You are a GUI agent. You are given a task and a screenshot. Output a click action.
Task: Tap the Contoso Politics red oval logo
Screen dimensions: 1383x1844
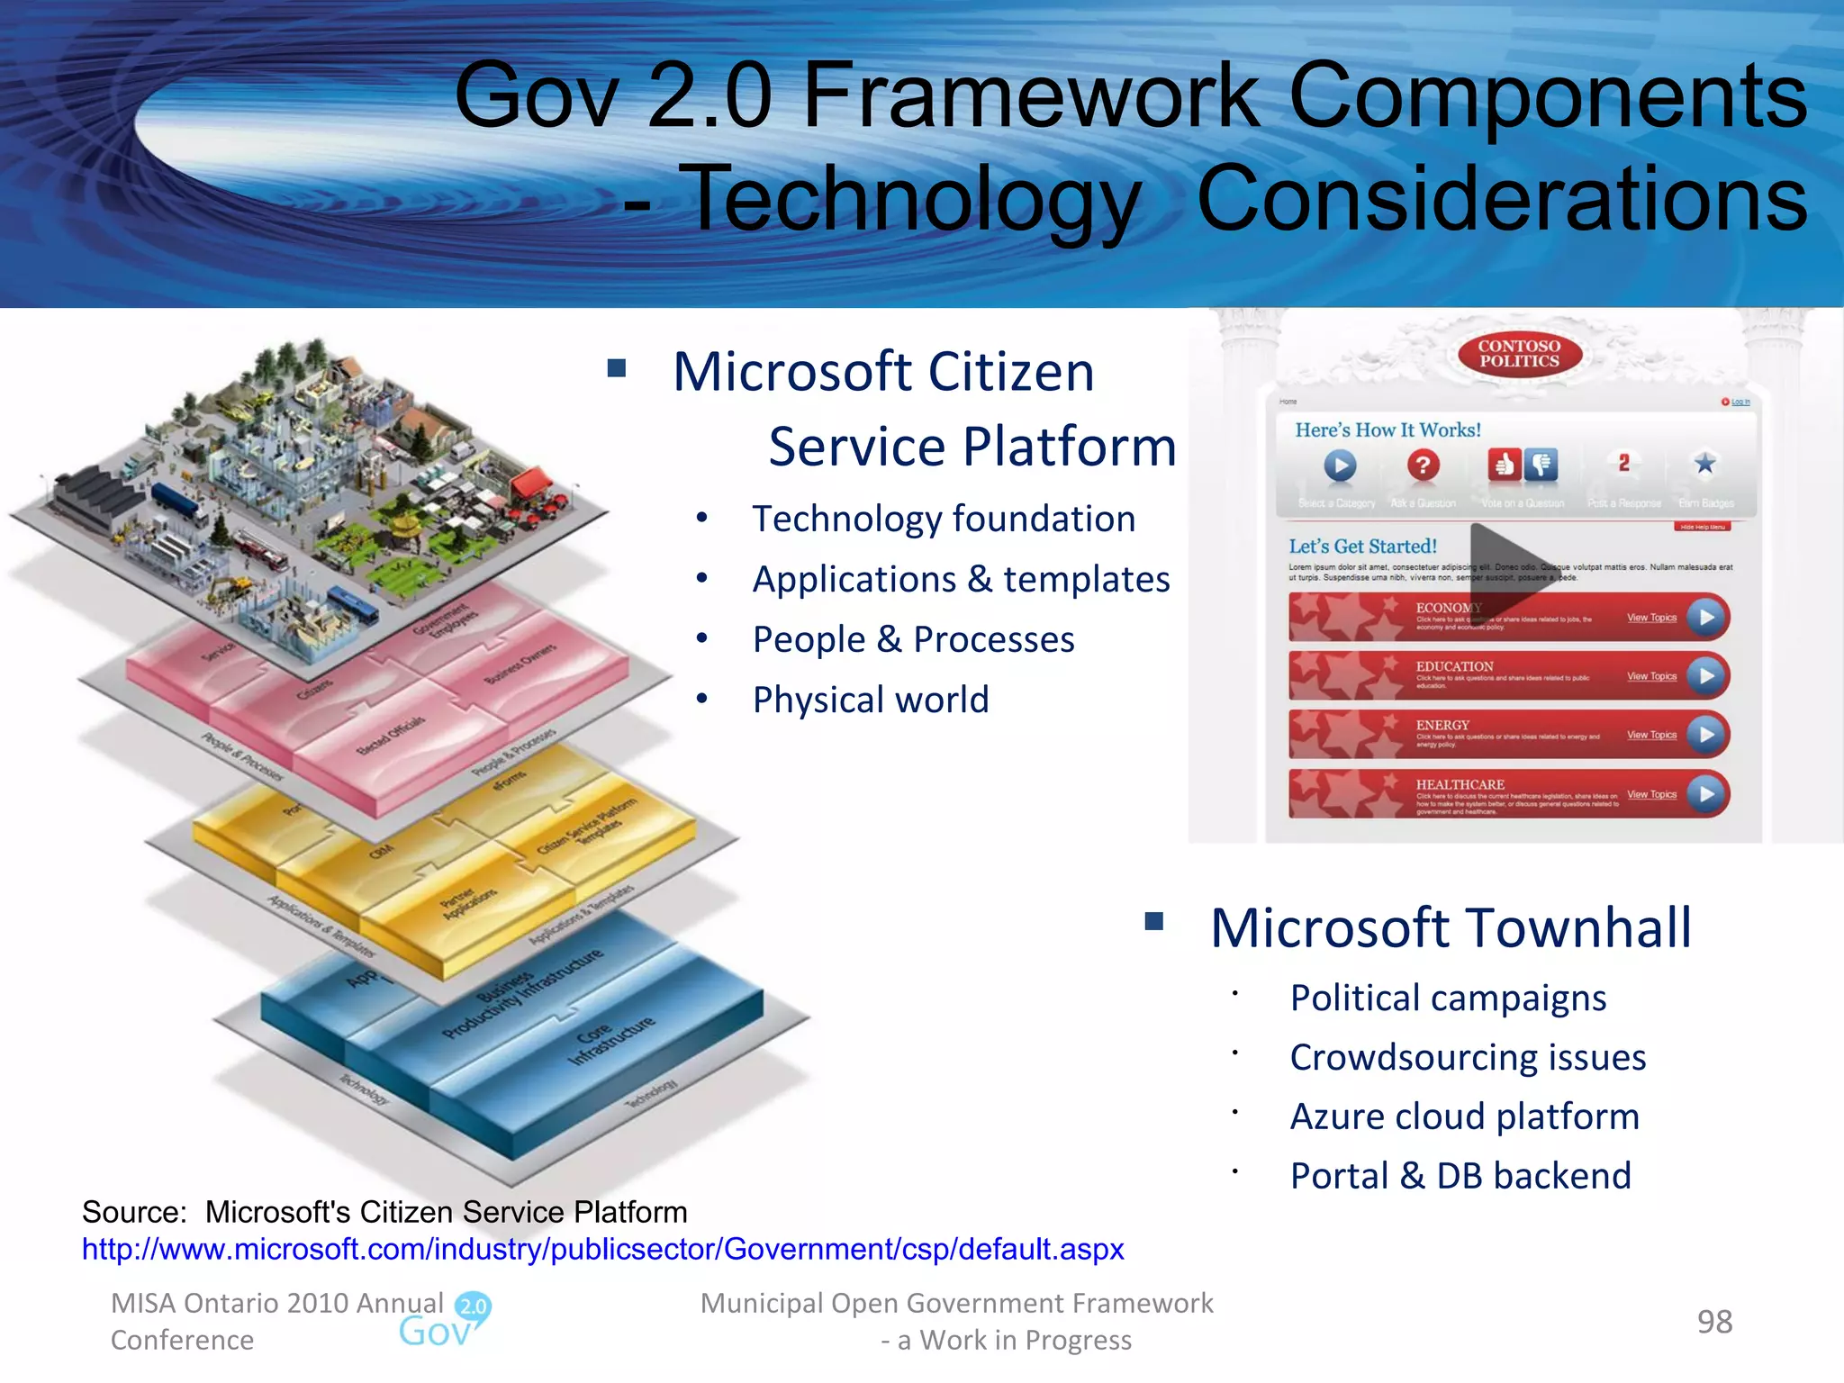tap(1519, 354)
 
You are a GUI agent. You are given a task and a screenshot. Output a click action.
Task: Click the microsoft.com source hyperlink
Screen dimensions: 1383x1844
tap(602, 1250)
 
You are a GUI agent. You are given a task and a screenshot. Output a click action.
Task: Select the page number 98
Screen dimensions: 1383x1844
tap(1714, 1322)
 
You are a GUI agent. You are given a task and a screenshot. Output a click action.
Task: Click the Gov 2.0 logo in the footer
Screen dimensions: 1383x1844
tap(447, 1321)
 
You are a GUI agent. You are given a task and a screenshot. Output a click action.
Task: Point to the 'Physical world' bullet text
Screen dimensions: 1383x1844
tap(871, 700)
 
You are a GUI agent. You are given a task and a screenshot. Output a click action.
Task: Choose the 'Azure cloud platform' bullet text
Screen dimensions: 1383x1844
tap(1464, 1116)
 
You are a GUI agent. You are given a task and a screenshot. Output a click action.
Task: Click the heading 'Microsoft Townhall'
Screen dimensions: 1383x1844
tap(1451, 928)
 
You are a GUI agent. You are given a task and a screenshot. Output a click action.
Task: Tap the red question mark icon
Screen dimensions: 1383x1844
tap(1423, 466)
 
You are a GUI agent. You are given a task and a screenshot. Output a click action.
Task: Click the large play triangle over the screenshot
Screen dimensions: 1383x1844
tap(1505, 565)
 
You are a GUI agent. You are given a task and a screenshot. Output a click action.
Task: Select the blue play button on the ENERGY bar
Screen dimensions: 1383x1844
tap(1706, 735)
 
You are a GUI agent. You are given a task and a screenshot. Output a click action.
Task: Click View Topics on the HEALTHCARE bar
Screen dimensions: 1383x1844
tap(1651, 794)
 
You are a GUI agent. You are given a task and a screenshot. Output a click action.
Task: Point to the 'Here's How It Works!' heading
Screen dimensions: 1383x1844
tap(1388, 430)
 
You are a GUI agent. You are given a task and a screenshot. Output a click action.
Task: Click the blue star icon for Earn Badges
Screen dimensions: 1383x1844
tap(1704, 464)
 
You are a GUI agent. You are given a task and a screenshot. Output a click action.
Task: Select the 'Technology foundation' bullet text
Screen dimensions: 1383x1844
tap(944, 520)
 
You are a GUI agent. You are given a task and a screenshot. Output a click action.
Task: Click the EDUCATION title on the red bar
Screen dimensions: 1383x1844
tap(1454, 666)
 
